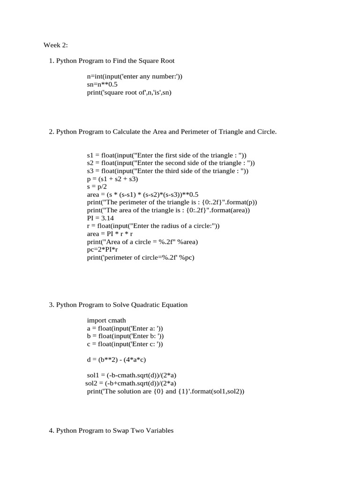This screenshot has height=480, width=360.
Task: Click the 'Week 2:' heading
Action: (x=55, y=45)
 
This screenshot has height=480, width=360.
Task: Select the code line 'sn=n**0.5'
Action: (x=102, y=84)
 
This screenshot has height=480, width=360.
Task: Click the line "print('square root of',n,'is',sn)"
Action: (x=129, y=92)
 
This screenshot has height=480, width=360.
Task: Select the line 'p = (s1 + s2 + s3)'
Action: (x=112, y=179)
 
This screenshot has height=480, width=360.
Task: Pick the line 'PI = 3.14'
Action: (x=100, y=218)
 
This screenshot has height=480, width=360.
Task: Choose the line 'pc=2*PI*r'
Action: (x=102, y=250)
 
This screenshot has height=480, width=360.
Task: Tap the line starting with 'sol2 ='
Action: (x=131, y=383)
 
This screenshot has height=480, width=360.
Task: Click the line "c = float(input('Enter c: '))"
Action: (x=125, y=344)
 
